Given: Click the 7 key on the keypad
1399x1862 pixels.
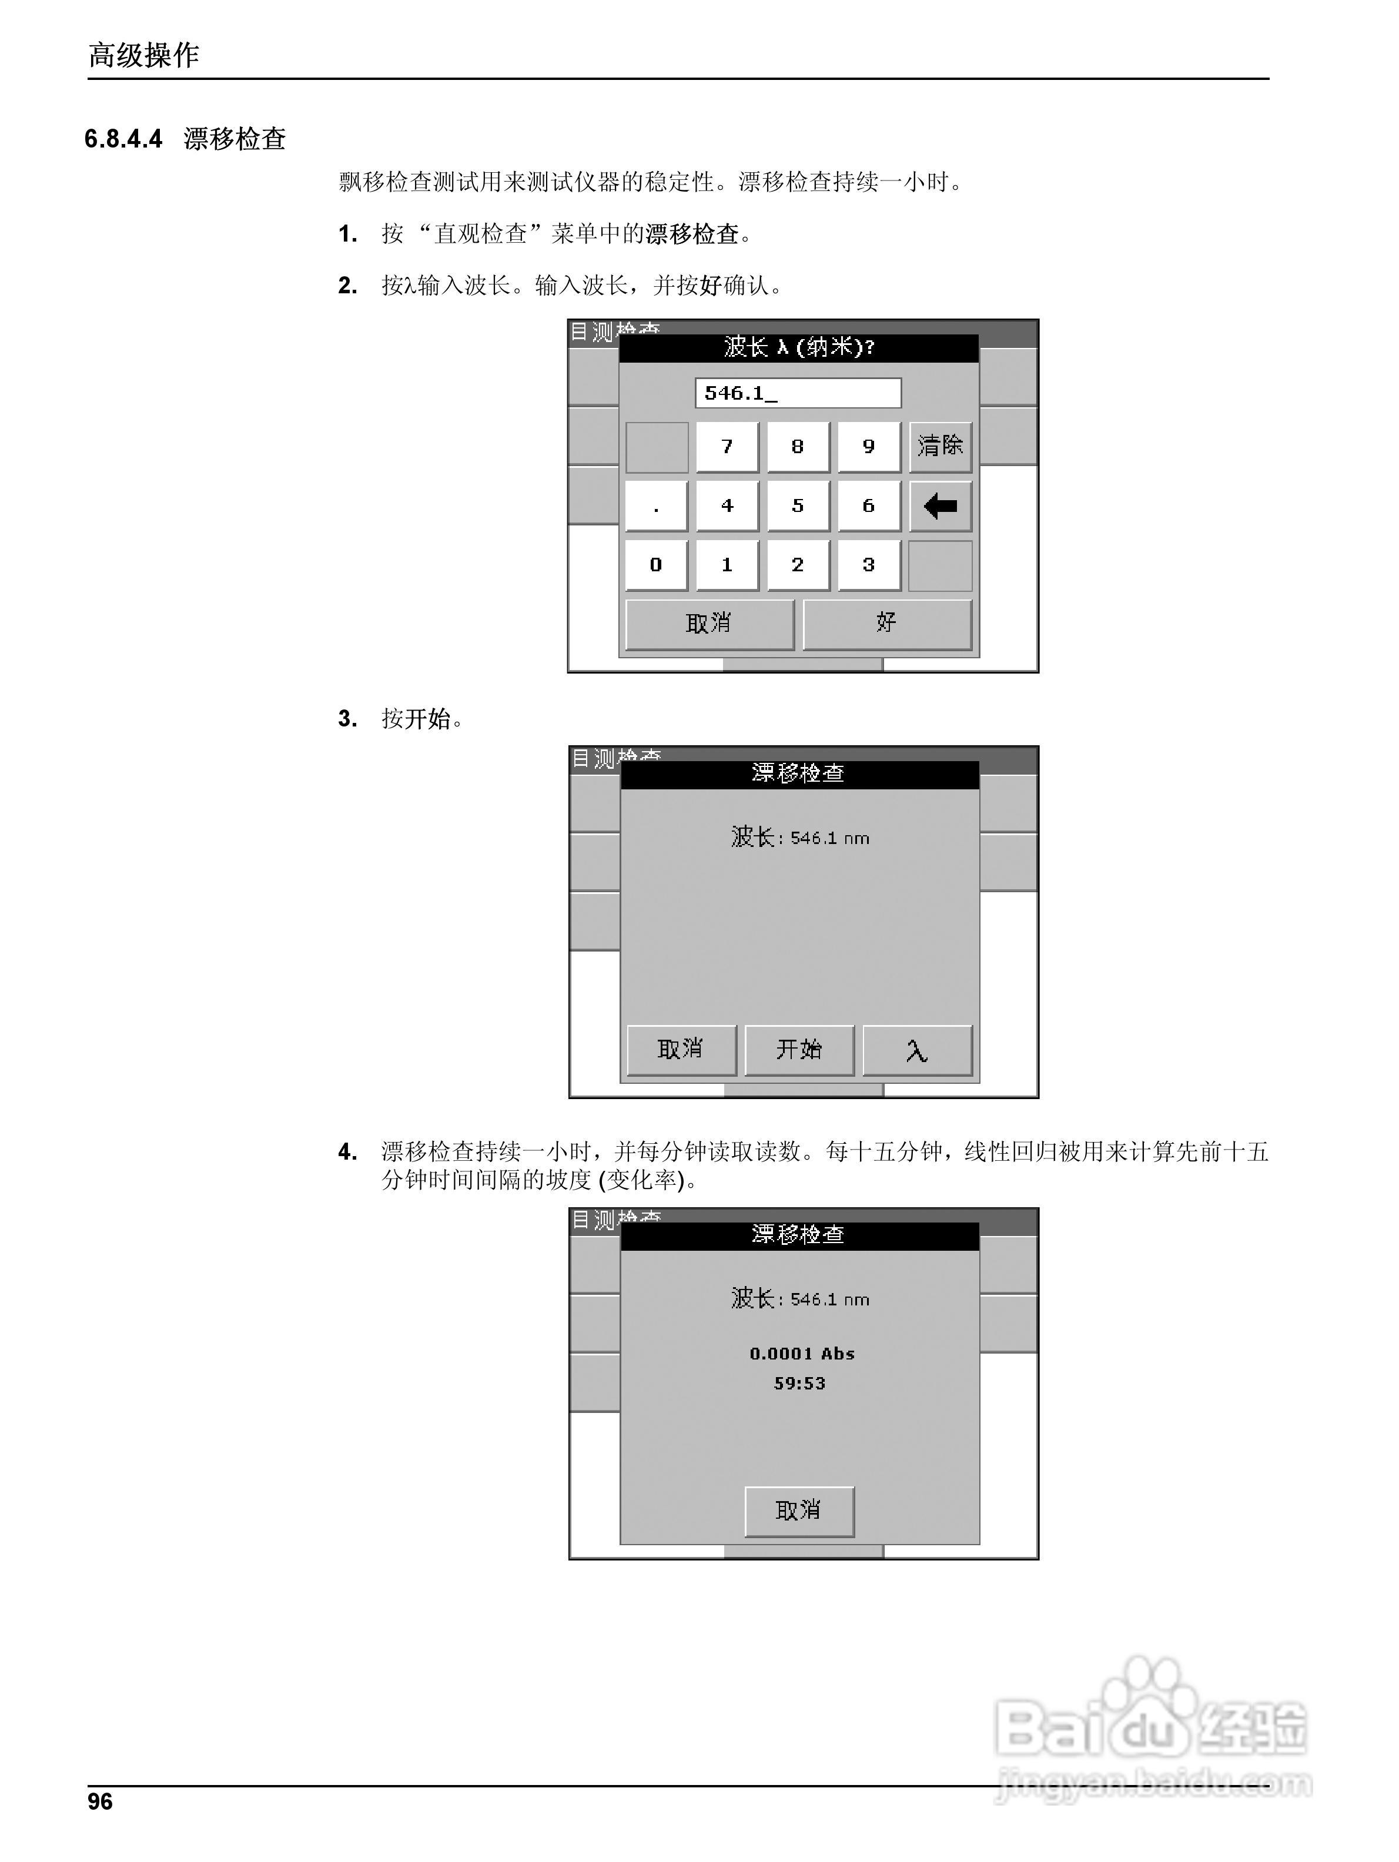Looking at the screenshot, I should pyautogui.click(x=727, y=447).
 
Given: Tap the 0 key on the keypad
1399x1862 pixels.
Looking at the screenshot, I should pyautogui.click(x=656, y=565).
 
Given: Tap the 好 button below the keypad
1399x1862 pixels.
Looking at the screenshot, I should pyautogui.click(x=886, y=624).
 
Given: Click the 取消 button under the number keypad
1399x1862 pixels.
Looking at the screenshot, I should pyautogui.click(x=709, y=624).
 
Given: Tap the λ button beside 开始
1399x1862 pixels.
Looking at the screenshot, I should pyautogui.click(x=916, y=1050).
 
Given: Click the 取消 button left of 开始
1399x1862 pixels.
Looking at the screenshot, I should pyautogui.click(x=681, y=1050).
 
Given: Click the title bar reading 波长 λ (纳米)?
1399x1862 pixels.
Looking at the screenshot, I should pyautogui.click(x=798, y=347).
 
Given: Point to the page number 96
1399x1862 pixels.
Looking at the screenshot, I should pyautogui.click(x=100, y=1801).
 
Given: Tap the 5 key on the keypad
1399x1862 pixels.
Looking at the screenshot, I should pyautogui.click(x=797, y=506).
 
